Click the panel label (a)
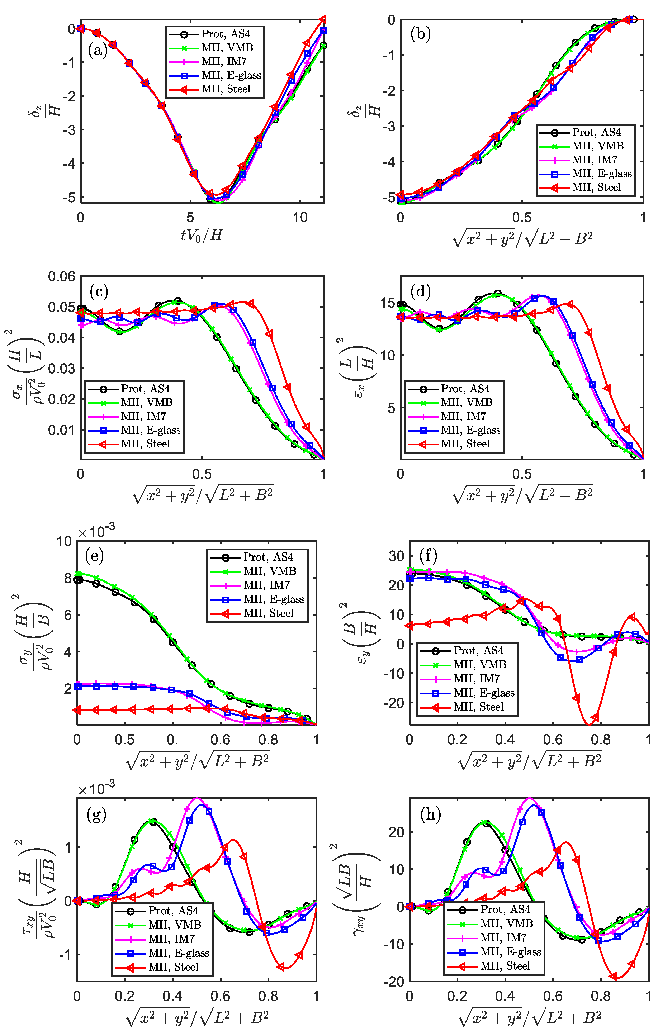pos(97,51)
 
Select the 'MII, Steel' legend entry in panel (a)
pos(226,89)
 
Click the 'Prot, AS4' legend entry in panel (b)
pos(596,132)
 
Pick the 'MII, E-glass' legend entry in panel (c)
pos(150,430)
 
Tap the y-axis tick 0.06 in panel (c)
pos(61,276)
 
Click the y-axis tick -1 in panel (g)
pos(64,954)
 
